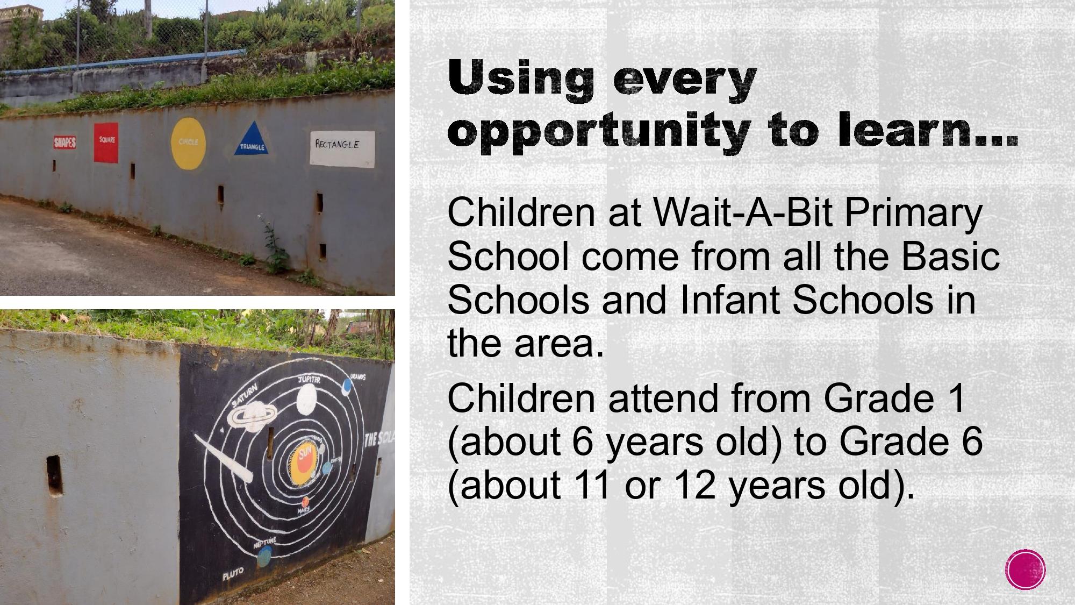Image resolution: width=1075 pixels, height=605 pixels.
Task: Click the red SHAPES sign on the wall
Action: click(x=64, y=143)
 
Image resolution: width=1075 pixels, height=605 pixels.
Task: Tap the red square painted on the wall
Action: click(x=106, y=142)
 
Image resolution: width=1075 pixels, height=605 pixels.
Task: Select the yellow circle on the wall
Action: click(x=188, y=144)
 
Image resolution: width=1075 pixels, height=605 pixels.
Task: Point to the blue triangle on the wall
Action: click(x=252, y=140)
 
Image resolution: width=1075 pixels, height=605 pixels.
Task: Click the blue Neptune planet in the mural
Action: click(x=264, y=558)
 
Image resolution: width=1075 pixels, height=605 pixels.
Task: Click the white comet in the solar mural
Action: click(x=224, y=459)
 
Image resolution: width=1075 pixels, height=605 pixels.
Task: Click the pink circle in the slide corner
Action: click(x=1025, y=570)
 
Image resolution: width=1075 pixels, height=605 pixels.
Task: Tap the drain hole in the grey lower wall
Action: click(x=54, y=475)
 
